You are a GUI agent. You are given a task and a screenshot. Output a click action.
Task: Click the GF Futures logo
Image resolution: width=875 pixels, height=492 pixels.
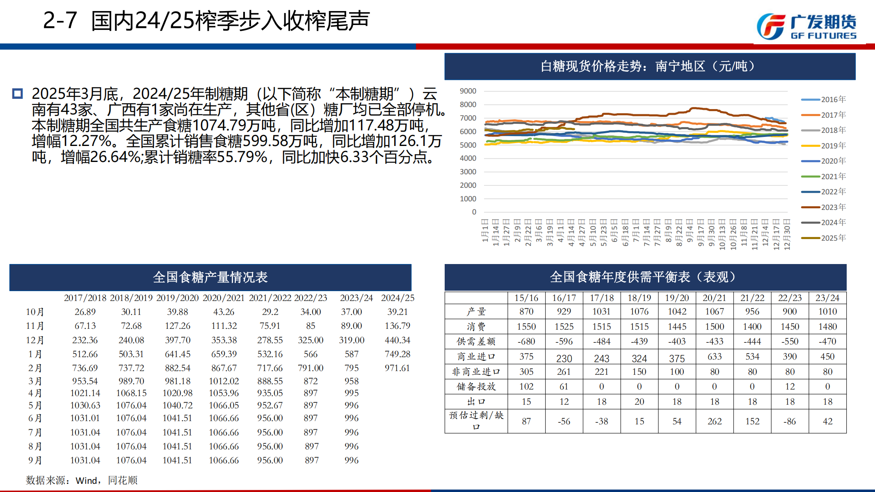(806, 27)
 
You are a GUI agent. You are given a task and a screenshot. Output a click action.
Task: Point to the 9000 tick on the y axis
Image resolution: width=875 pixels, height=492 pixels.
(468, 91)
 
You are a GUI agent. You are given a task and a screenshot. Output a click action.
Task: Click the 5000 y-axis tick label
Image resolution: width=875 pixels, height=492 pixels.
(468, 145)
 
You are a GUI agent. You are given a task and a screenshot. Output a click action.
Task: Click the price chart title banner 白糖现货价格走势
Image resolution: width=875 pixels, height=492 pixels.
(650, 66)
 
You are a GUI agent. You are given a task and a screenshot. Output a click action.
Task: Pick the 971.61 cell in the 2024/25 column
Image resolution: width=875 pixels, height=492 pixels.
(397, 368)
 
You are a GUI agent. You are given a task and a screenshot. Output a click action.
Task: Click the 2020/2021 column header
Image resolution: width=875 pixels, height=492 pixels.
(224, 298)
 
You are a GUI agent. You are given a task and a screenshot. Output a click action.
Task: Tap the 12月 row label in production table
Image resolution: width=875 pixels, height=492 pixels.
(35, 340)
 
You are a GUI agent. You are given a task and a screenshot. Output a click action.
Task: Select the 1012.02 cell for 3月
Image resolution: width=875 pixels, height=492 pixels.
(224, 381)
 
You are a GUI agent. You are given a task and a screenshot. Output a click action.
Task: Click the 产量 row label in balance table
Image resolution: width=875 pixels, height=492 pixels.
(476, 312)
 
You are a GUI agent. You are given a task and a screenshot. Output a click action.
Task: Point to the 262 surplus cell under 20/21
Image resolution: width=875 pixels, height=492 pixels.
(715, 421)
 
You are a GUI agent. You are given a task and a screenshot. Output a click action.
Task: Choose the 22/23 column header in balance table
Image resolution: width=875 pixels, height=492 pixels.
(790, 298)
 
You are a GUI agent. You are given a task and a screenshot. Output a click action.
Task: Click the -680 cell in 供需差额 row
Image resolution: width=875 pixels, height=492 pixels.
(526, 342)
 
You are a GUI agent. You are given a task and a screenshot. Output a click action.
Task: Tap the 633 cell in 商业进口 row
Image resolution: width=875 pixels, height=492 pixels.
(715, 357)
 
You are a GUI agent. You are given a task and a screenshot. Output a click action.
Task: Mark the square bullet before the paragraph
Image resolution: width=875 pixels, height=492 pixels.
(17, 94)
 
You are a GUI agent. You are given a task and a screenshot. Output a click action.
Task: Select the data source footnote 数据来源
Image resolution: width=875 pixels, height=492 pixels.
(82, 480)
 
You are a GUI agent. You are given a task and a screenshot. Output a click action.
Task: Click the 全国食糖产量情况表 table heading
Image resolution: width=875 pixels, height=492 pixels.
(210, 278)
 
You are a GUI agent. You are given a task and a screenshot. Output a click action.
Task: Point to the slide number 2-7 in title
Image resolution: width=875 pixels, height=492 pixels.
(60, 20)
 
